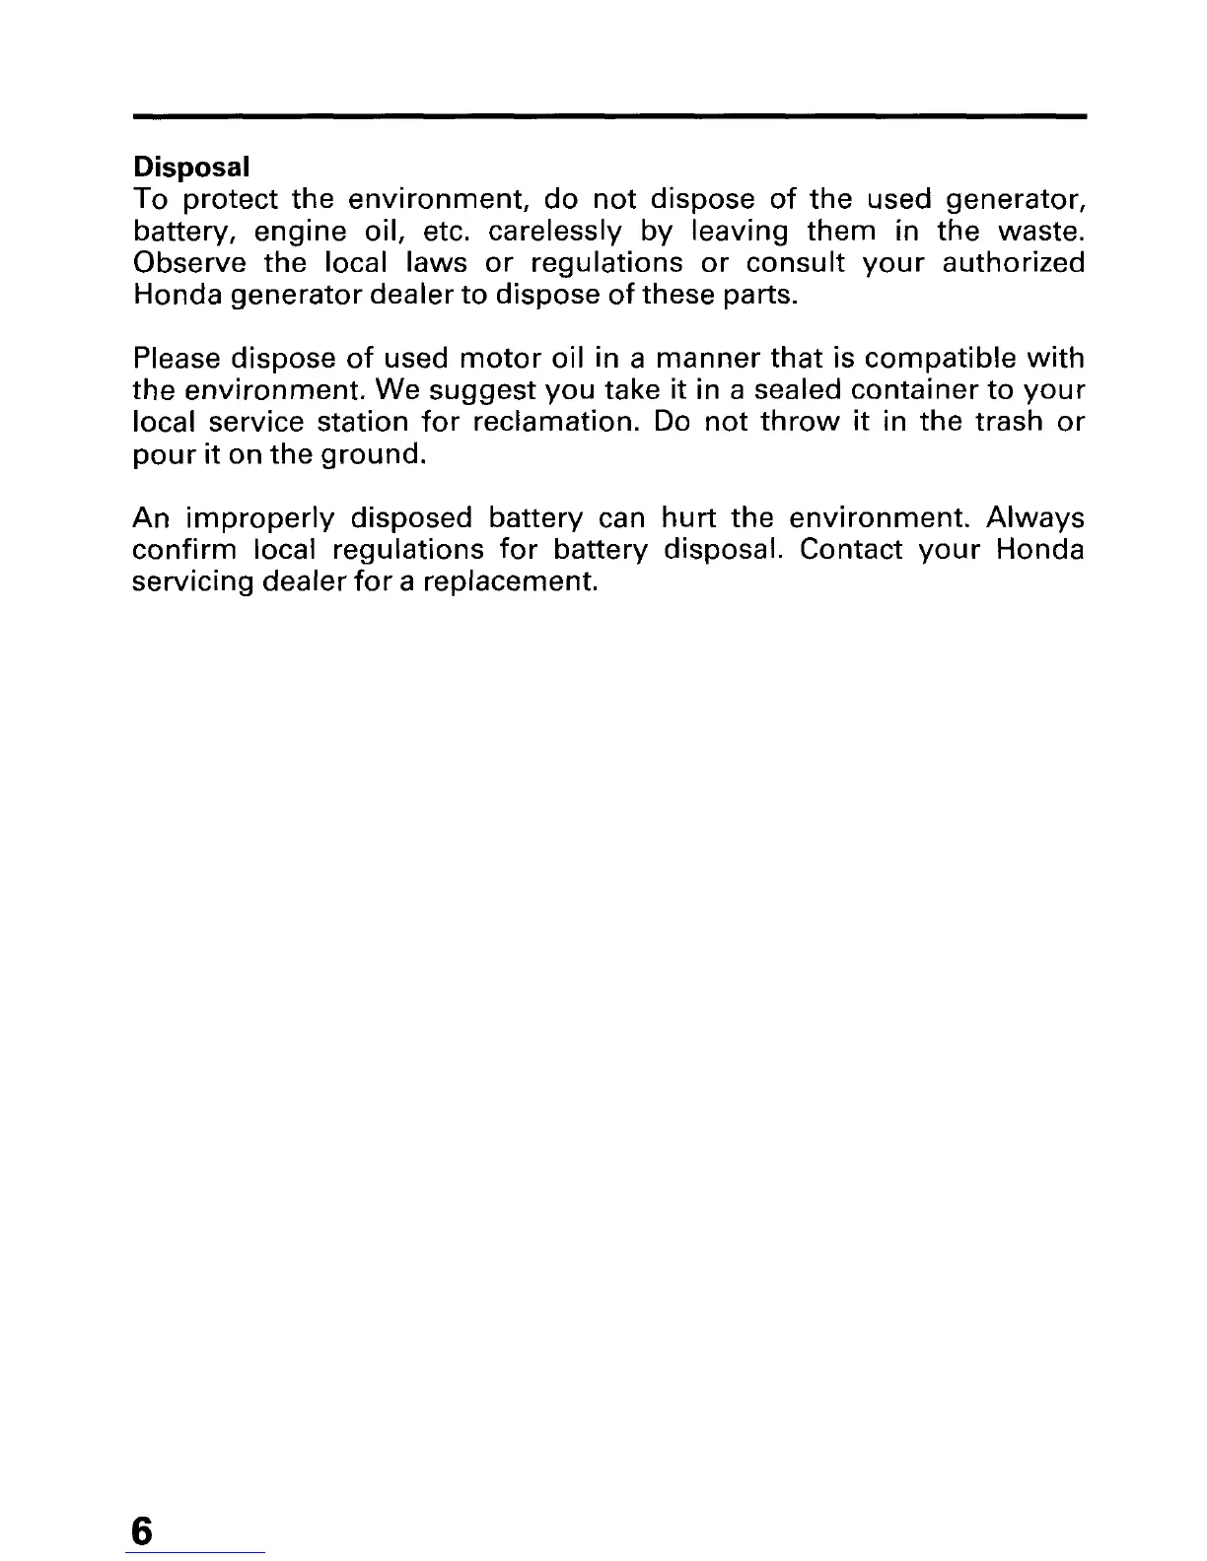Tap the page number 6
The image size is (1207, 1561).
(143, 1505)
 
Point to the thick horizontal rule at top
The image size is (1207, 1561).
(608, 116)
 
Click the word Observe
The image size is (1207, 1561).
(189, 264)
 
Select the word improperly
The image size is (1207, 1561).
(260, 518)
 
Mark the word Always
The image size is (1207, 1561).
(1035, 517)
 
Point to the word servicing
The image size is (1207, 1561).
(192, 581)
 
